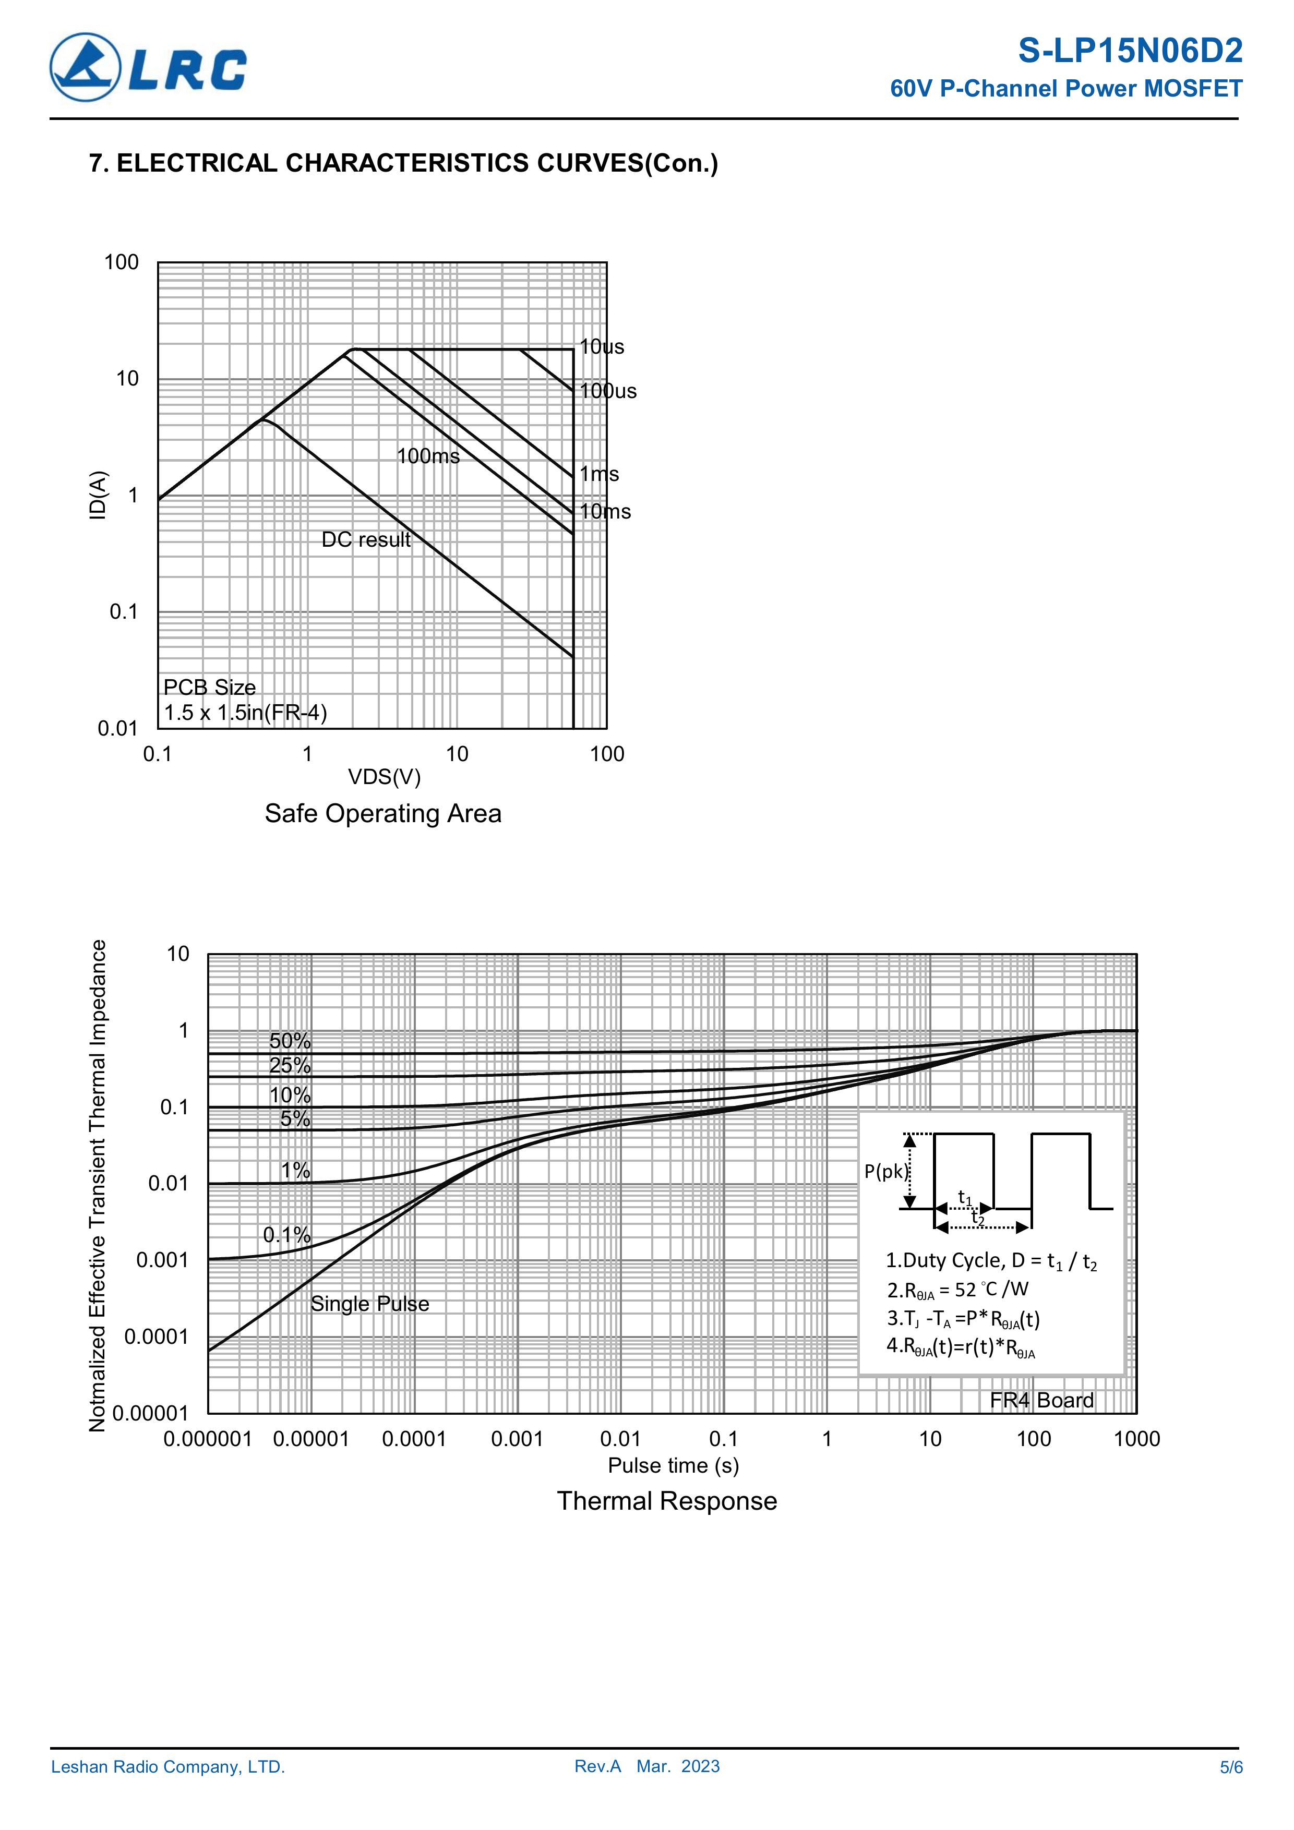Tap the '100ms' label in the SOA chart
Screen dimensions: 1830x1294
pyautogui.click(x=428, y=456)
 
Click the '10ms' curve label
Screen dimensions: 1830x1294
pyautogui.click(x=605, y=512)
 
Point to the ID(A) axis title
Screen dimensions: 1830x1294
pyautogui.click(x=97, y=495)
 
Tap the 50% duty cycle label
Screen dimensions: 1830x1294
pyautogui.click(x=290, y=1041)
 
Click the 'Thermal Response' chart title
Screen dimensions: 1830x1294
pyautogui.click(x=666, y=1501)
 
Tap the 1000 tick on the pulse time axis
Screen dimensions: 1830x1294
pyautogui.click(x=1136, y=1439)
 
